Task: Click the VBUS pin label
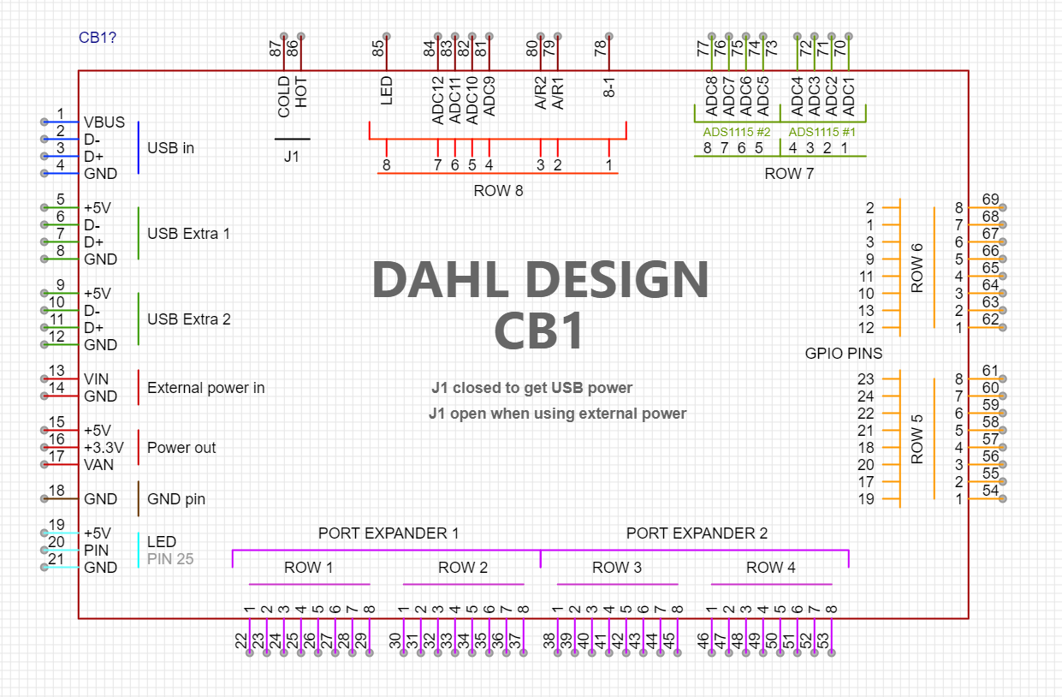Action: (104, 122)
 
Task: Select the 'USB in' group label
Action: (170, 148)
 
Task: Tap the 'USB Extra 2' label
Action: (188, 319)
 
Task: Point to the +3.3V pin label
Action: (104, 448)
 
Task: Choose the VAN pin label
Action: (98, 465)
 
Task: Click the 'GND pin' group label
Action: (175, 499)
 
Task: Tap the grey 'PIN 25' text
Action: (170, 559)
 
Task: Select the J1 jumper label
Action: (292, 157)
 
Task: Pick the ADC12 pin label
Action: (438, 100)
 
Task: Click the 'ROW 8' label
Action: (498, 191)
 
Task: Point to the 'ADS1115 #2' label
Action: (737, 133)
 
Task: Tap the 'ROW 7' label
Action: (789, 174)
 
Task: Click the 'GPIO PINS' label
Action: (844, 353)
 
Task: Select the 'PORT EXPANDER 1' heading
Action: (389, 533)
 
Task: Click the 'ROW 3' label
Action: (610, 568)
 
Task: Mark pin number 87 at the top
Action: (276, 49)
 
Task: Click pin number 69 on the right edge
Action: (991, 200)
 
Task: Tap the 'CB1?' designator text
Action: (98, 38)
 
